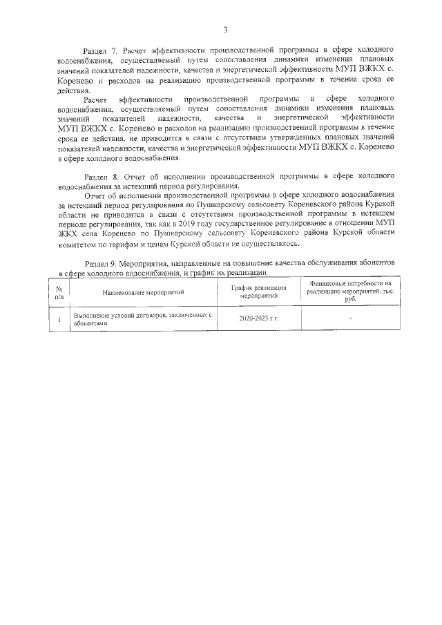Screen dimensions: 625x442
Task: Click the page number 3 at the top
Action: (x=225, y=30)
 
